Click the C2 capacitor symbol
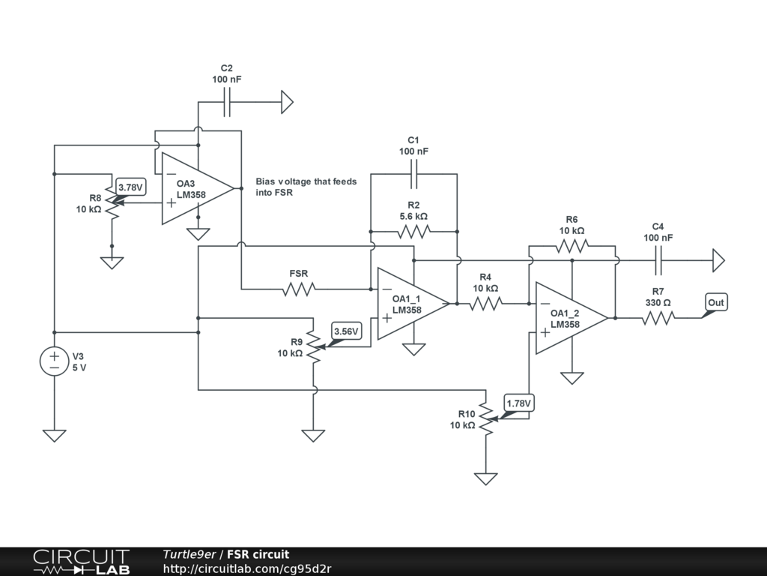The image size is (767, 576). [x=226, y=102]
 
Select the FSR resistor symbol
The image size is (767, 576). [x=299, y=289]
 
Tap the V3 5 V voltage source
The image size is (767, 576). [x=54, y=361]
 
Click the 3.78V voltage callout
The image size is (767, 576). [x=131, y=187]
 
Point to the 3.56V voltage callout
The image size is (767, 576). [x=346, y=331]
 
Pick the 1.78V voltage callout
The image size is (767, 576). [x=518, y=403]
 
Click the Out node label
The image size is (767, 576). [x=715, y=303]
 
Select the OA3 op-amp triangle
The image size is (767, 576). [x=198, y=188]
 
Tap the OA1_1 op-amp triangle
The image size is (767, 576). [x=413, y=304]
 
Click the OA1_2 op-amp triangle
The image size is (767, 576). [x=572, y=318]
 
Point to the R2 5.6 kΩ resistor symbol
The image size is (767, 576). [x=413, y=232]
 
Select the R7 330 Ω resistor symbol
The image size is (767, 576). [x=658, y=318]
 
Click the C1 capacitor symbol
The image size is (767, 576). [x=413, y=174]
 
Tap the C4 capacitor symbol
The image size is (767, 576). [x=658, y=260]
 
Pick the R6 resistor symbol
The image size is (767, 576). [x=572, y=246]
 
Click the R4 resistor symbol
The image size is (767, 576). [x=485, y=304]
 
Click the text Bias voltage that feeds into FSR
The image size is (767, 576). [x=306, y=187]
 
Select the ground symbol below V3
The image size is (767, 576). [x=54, y=436]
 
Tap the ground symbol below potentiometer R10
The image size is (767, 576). [x=485, y=478]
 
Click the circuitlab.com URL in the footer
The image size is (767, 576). [x=247, y=568]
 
